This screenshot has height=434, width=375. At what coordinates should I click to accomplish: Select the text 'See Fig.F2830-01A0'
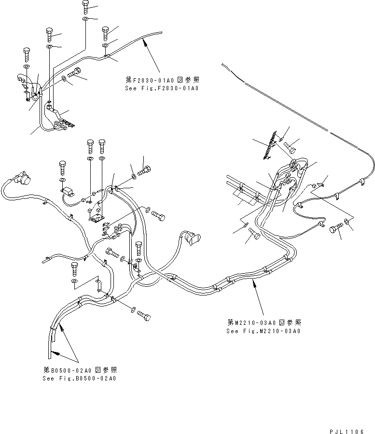[x=162, y=88]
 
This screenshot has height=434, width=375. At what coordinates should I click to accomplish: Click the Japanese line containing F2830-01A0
[x=162, y=80]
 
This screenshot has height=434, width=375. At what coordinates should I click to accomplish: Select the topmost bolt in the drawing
[x=85, y=6]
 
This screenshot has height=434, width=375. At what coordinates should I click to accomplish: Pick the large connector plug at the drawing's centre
[x=193, y=238]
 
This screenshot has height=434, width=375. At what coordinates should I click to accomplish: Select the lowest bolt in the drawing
[x=144, y=316]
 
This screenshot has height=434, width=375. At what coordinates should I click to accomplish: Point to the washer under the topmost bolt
[x=85, y=19]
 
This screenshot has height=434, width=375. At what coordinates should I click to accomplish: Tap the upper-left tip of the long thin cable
[x=223, y=64]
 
